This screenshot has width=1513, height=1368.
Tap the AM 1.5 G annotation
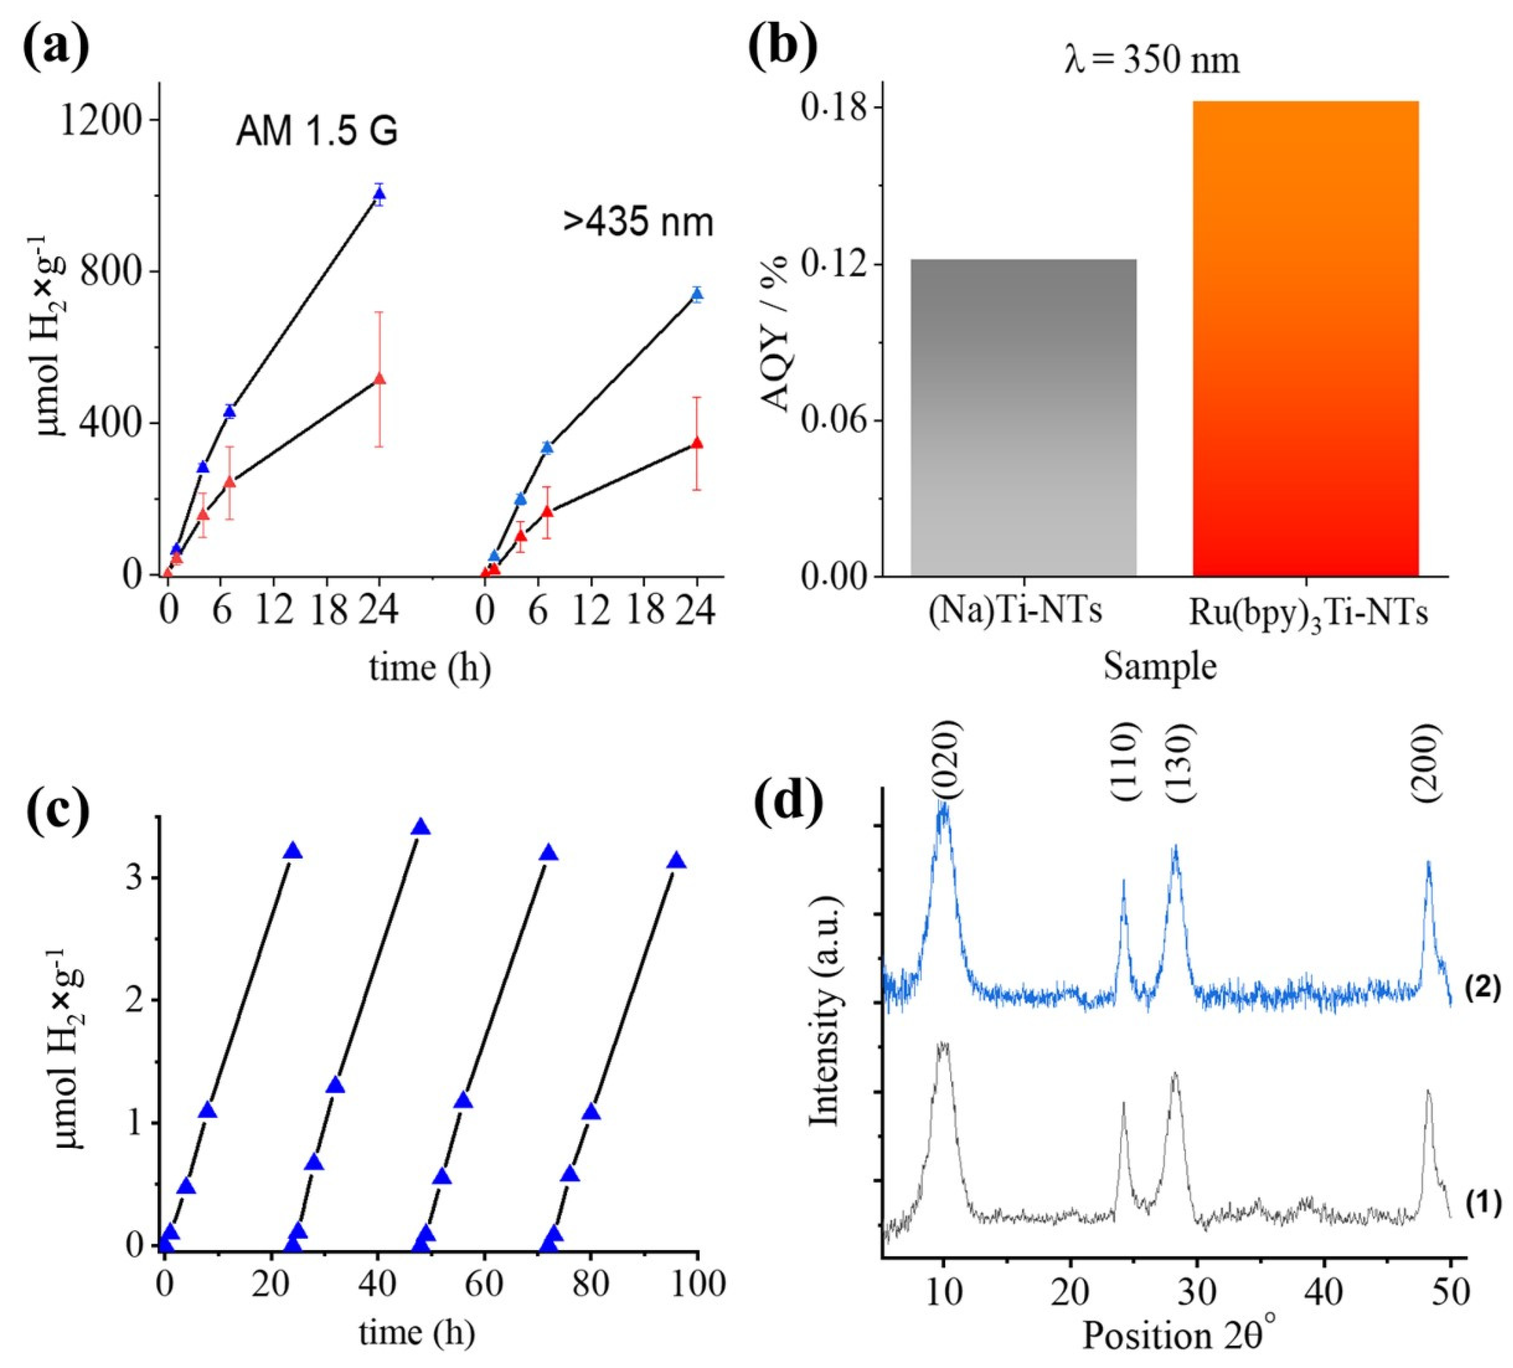click(x=316, y=132)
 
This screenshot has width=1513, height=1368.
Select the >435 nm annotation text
click(x=639, y=223)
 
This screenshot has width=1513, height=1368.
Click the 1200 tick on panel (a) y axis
click(x=101, y=120)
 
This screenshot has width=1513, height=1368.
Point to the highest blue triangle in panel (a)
click(x=380, y=193)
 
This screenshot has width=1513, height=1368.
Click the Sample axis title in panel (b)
click(x=1160, y=666)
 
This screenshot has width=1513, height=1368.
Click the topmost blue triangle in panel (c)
click(x=421, y=827)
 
